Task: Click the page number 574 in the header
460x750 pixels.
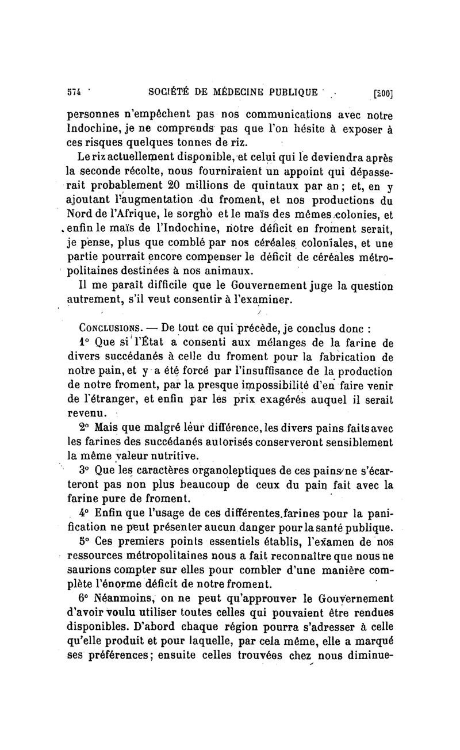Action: (75, 91)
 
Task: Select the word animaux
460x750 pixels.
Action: (231, 270)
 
